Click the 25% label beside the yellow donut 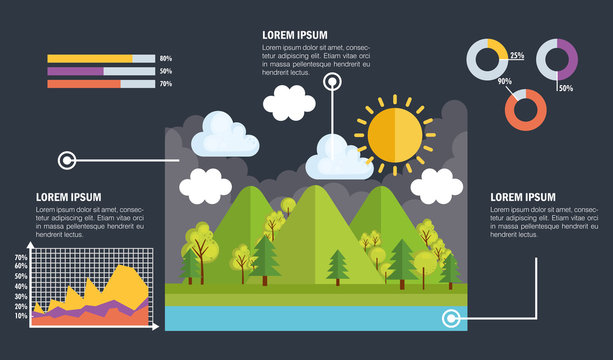pos(517,56)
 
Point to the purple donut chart pos(557,59)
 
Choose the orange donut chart pos(525,109)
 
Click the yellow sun pos(395,134)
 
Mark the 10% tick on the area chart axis pos(21,316)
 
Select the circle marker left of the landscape pos(68,159)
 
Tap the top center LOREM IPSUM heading pos(295,34)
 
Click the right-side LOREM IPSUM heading pos(522,197)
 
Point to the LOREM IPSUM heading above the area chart pos(68,197)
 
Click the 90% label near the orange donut pos(504,82)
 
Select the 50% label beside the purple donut pos(565,89)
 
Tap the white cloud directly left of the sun pos(339,157)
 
